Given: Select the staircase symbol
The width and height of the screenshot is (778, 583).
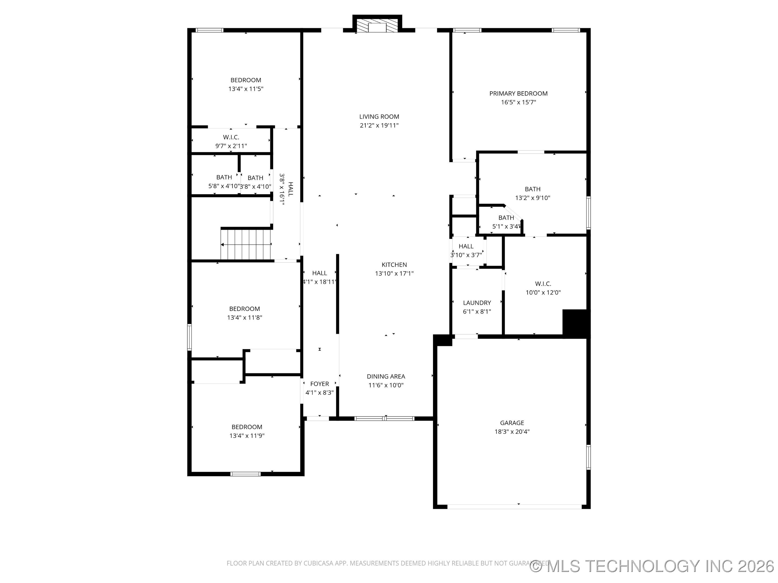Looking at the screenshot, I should (x=246, y=244).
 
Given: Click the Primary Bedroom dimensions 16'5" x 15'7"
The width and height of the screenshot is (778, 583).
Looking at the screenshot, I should (x=518, y=102).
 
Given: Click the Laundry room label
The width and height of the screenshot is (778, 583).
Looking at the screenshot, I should (x=477, y=303).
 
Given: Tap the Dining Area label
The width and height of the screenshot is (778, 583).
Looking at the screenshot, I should (x=385, y=376).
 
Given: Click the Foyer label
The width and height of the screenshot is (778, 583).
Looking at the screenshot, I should (x=319, y=384).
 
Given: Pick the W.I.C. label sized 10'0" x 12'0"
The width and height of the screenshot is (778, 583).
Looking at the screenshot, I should (x=543, y=284).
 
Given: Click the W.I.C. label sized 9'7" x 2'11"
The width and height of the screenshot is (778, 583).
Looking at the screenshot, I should (x=231, y=137).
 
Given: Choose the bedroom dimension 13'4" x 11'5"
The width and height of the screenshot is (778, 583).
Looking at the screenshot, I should (x=246, y=89).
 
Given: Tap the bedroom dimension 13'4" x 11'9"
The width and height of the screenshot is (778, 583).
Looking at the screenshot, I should (x=247, y=436).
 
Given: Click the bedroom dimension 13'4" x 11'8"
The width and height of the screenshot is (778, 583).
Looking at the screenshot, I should (x=244, y=318).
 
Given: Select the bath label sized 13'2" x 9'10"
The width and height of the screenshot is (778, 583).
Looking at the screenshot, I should (x=532, y=189).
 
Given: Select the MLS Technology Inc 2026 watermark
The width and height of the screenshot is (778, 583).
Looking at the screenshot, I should (x=653, y=566).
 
